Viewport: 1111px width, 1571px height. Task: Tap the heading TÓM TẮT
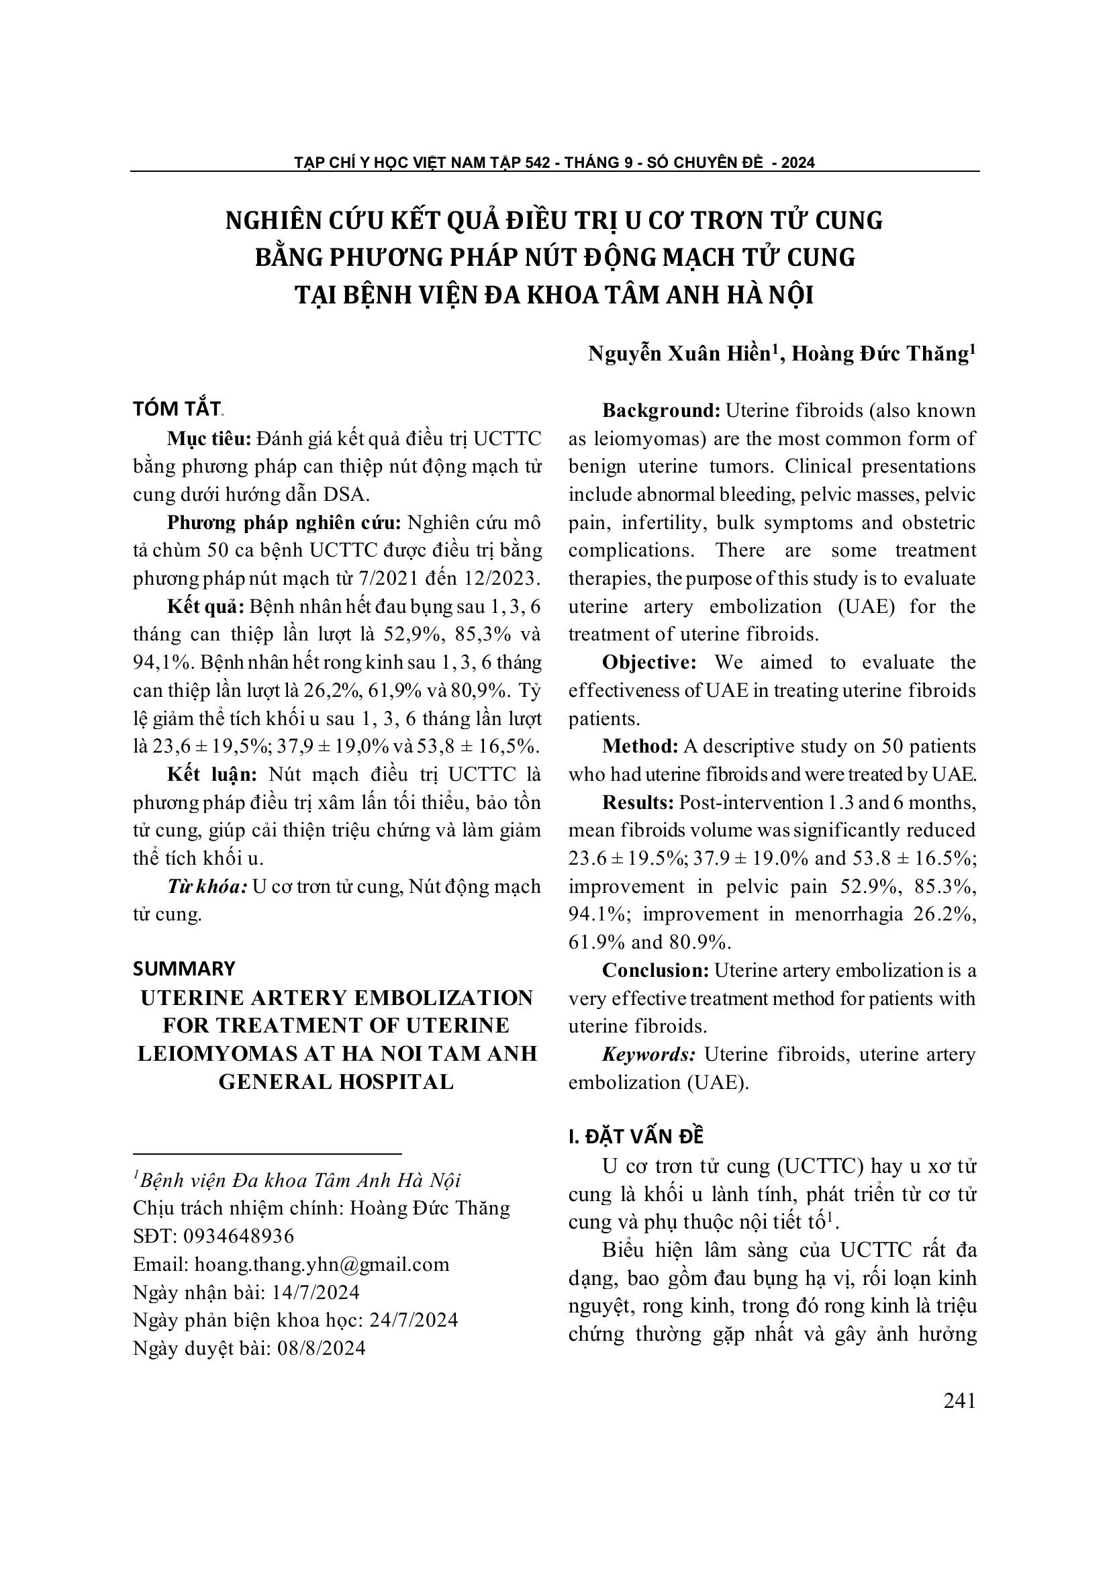(177, 408)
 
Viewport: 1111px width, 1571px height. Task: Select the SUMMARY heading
(184, 968)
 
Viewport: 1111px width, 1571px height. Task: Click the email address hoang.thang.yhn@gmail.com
(322, 1264)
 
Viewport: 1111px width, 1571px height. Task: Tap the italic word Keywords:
(648, 1054)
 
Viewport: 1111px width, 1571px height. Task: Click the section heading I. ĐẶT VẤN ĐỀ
(636, 1137)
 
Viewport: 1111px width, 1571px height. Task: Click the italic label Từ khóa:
(207, 886)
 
